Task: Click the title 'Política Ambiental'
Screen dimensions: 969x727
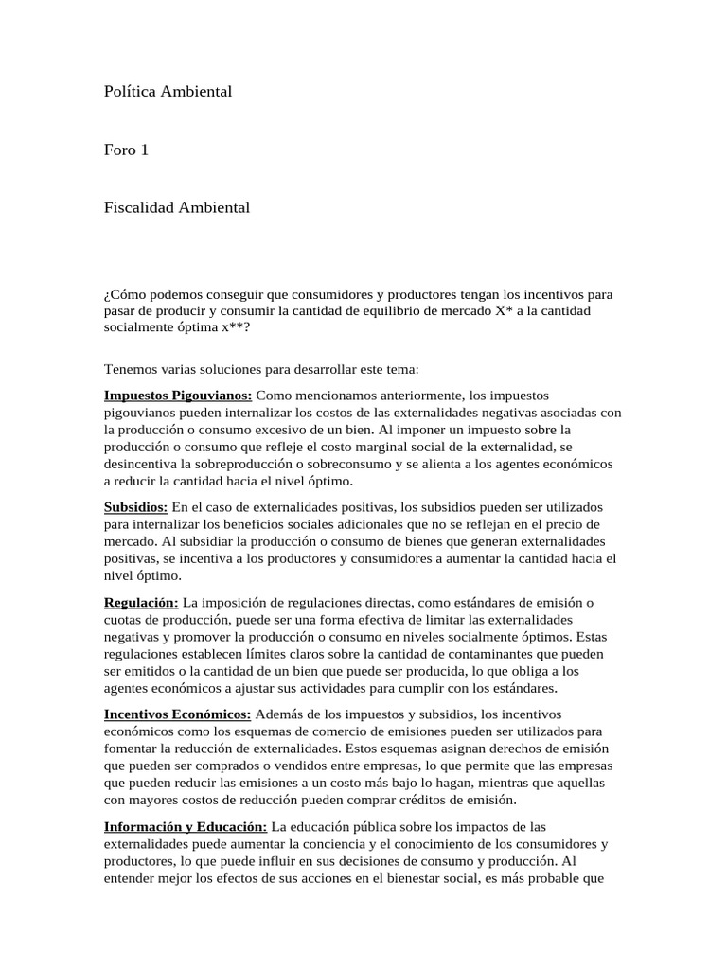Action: [168, 92]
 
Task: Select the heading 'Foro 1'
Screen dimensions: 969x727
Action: [126, 150]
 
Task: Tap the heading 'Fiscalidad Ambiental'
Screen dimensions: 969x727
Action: [177, 207]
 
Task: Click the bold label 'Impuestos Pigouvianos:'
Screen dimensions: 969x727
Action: [178, 395]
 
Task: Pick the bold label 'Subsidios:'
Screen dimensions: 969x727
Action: [135, 507]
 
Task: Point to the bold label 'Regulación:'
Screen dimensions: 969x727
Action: [141, 602]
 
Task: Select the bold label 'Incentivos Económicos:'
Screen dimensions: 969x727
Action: [177, 714]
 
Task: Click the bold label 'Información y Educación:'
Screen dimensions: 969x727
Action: [186, 827]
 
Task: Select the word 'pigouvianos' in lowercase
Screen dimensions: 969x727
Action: [140, 412]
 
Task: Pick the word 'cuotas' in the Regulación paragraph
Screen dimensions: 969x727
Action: [123, 620]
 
